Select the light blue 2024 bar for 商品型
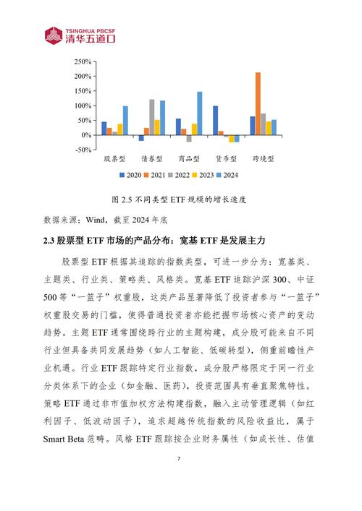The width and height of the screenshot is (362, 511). pos(199,113)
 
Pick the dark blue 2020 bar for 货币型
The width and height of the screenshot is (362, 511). pos(215,121)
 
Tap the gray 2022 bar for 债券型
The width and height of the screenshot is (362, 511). pos(152,117)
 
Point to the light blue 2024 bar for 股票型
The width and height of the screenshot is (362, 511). pos(125,121)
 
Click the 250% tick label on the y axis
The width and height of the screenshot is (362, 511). pos(81,61)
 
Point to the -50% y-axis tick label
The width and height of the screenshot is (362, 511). pos(81,150)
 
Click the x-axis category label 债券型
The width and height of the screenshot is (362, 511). pos(152,157)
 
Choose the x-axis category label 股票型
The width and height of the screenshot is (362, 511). pos(115,157)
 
